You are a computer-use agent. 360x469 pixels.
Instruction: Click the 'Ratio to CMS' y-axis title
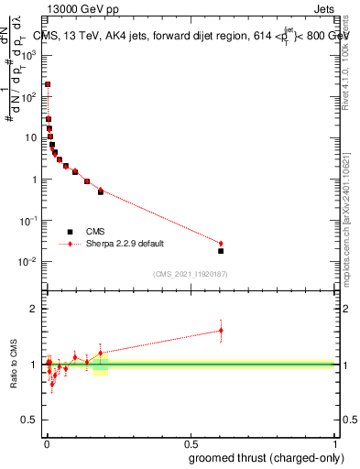(14, 365)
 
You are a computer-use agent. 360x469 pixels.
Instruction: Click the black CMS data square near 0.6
(221, 251)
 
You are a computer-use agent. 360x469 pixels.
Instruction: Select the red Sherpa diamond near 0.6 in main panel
(221, 244)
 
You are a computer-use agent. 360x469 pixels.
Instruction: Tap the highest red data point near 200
(48, 83)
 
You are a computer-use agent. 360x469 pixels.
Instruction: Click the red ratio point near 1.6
(221, 331)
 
